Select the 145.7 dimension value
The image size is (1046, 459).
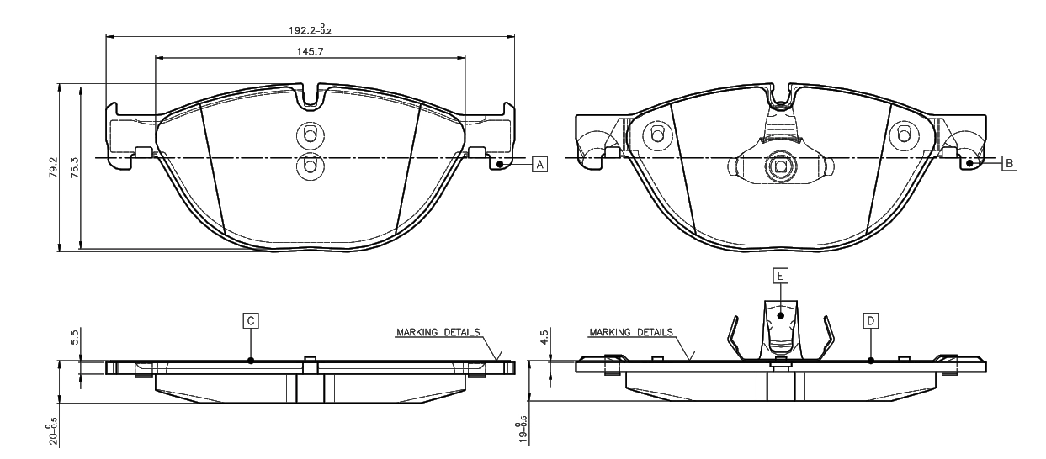click(x=311, y=51)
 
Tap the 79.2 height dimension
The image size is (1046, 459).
click(x=52, y=167)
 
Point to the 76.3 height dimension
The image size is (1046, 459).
click(x=74, y=167)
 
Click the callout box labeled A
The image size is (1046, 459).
click(x=539, y=163)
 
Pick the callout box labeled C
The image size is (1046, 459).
click(x=250, y=319)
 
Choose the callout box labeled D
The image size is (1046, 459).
click(x=871, y=319)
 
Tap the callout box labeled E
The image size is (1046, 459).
click(x=781, y=275)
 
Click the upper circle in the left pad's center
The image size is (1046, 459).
click(x=309, y=136)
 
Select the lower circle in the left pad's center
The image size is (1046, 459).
click(x=309, y=167)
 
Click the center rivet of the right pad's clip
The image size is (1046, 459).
click(x=780, y=167)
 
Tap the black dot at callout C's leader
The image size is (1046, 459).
click(x=251, y=360)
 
